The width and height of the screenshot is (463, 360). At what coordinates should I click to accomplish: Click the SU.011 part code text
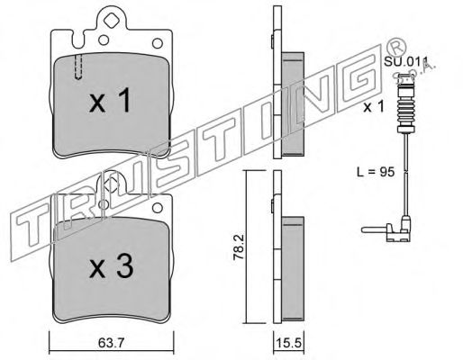click(403, 61)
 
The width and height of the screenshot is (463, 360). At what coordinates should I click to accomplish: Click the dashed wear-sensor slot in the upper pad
click(78, 66)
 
